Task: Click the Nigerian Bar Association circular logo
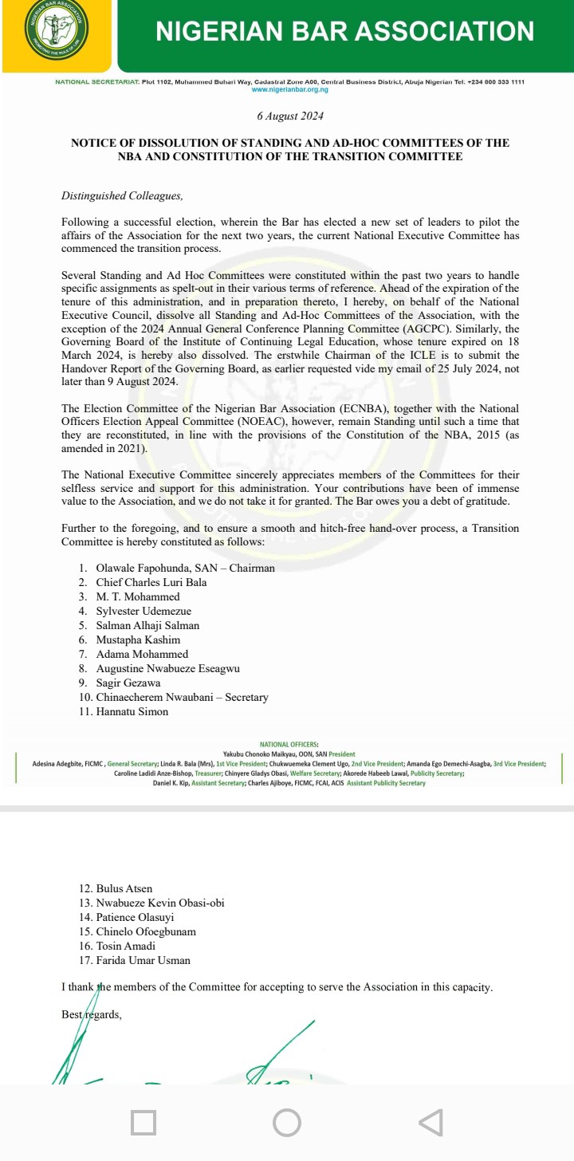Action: (x=56, y=35)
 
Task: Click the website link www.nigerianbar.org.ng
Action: (x=290, y=90)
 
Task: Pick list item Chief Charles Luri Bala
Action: (x=151, y=583)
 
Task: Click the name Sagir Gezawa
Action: (x=128, y=683)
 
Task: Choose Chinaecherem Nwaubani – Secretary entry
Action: (x=182, y=698)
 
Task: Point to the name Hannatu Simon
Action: (x=132, y=712)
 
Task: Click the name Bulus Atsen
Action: (x=124, y=888)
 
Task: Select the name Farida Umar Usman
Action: (x=143, y=961)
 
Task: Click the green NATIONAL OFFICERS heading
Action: (x=289, y=744)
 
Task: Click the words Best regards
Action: (x=92, y=1015)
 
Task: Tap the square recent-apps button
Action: (x=143, y=1123)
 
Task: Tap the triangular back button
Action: (x=430, y=1123)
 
